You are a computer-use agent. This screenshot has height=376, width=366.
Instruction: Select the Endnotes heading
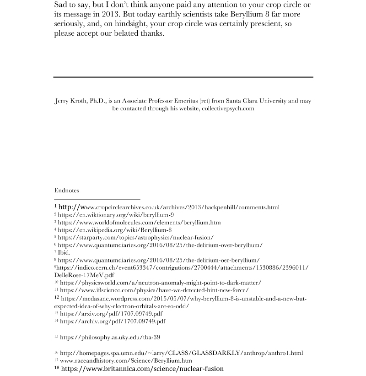click(66, 190)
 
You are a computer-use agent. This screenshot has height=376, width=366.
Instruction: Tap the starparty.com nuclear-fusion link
click(136, 237)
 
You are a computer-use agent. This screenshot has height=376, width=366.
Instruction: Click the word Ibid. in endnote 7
click(64, 252)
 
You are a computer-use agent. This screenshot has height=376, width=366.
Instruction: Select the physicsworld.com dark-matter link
click(161, 283)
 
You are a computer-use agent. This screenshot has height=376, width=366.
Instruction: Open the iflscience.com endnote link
click(154, 290)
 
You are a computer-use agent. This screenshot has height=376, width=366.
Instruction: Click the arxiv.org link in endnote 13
click(111, 313)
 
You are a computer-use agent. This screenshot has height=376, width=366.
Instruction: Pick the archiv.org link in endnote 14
click(113, 321)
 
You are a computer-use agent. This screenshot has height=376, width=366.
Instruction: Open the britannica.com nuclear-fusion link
click(142, 368)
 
